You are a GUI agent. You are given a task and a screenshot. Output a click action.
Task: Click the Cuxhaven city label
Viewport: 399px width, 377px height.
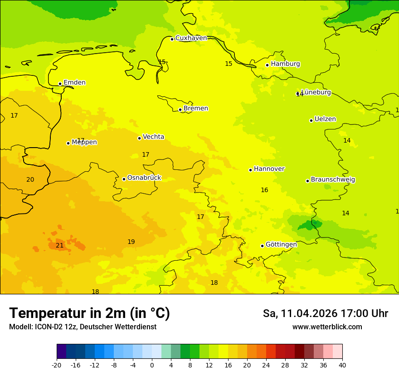[x=191, y=38]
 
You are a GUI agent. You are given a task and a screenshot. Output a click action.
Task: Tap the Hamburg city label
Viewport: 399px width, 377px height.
[x=285, y=64]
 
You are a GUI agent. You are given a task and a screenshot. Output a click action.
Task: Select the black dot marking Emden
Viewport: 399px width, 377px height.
[x=60, y=84]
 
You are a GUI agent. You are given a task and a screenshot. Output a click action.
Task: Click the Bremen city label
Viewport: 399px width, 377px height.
[x=195, y=109]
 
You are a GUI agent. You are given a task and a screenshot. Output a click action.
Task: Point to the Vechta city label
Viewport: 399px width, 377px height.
[x=153, y=137]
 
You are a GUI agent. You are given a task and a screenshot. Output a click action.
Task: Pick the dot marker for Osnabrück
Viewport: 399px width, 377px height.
[x=124, y=179]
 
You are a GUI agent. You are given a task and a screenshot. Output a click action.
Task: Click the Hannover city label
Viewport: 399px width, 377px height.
[x=269, y=169]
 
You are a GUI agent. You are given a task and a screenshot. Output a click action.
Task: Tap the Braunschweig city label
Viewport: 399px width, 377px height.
[x=333, y=180]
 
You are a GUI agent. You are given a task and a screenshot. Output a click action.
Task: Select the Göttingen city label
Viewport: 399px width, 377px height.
[x=281, y=244]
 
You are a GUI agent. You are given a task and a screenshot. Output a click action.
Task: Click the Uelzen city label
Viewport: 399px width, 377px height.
[x=325, y=119]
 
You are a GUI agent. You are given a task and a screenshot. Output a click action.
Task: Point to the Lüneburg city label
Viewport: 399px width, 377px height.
[x=316, y=92]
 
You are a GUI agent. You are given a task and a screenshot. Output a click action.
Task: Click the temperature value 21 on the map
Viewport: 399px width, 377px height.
[x=59, y=246]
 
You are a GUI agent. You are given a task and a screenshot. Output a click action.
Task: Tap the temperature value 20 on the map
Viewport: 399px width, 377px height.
[x=30, y=180]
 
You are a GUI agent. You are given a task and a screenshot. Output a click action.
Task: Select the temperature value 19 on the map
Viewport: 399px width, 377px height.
[x=131, y=242]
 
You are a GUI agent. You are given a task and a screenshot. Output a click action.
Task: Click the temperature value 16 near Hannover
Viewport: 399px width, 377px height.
[x=264, y=190]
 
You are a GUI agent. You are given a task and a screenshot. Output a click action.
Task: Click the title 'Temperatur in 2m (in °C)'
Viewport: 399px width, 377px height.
[x=89, y=313]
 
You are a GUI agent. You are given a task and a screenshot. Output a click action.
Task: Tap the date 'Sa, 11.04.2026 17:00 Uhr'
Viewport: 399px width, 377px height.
[x=325, y=313]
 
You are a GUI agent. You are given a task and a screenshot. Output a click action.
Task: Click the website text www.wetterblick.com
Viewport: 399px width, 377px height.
[x=327, y=327]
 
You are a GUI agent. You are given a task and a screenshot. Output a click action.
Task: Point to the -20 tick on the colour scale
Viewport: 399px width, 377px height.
[x=57, y=365]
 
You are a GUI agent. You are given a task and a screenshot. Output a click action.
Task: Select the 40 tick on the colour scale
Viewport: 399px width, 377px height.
[x=342, y=365]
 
